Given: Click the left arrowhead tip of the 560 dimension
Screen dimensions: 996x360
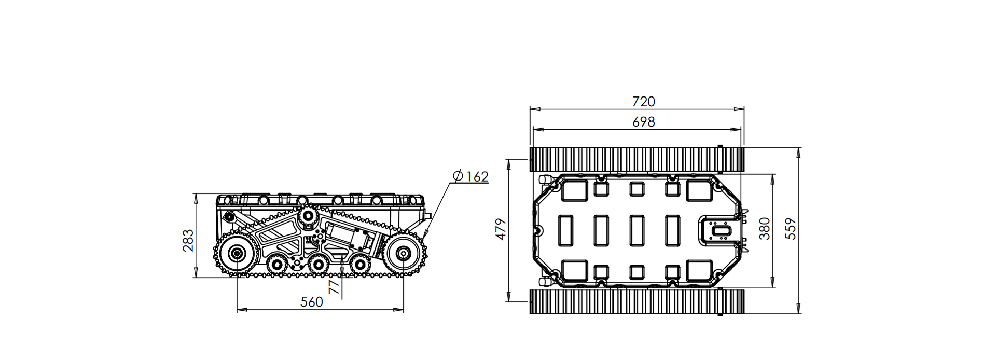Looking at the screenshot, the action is (x=237, y=310).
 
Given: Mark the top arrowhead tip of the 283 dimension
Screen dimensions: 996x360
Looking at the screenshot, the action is (x=196, y=193).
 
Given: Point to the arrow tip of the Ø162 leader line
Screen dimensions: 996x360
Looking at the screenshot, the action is (x=423, y=238).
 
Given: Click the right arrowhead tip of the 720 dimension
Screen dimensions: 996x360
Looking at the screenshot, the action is (x=744, y=109).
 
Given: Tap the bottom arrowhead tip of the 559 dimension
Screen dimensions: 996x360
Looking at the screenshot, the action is (x=798, y=313).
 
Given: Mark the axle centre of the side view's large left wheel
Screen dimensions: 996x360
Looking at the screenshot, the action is (x=237, y=254).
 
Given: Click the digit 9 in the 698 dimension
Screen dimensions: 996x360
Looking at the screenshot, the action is (x=643, y=121).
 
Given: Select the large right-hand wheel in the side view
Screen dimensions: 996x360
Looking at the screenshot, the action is (x=403, y=254).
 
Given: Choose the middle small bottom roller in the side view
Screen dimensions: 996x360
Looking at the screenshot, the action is (x=317, y=266).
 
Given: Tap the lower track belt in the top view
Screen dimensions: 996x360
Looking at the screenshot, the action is (x=637, y=301).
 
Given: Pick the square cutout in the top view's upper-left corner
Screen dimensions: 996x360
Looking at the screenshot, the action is (x=574, y=190).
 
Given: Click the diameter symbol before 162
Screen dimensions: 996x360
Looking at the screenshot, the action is (x=458, y=176).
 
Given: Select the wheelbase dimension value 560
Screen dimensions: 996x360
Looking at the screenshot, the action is (x=312, y=302).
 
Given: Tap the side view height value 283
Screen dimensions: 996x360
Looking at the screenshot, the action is (x=188, y=240).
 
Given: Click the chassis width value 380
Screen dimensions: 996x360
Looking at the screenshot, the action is (x=764, y=228).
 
